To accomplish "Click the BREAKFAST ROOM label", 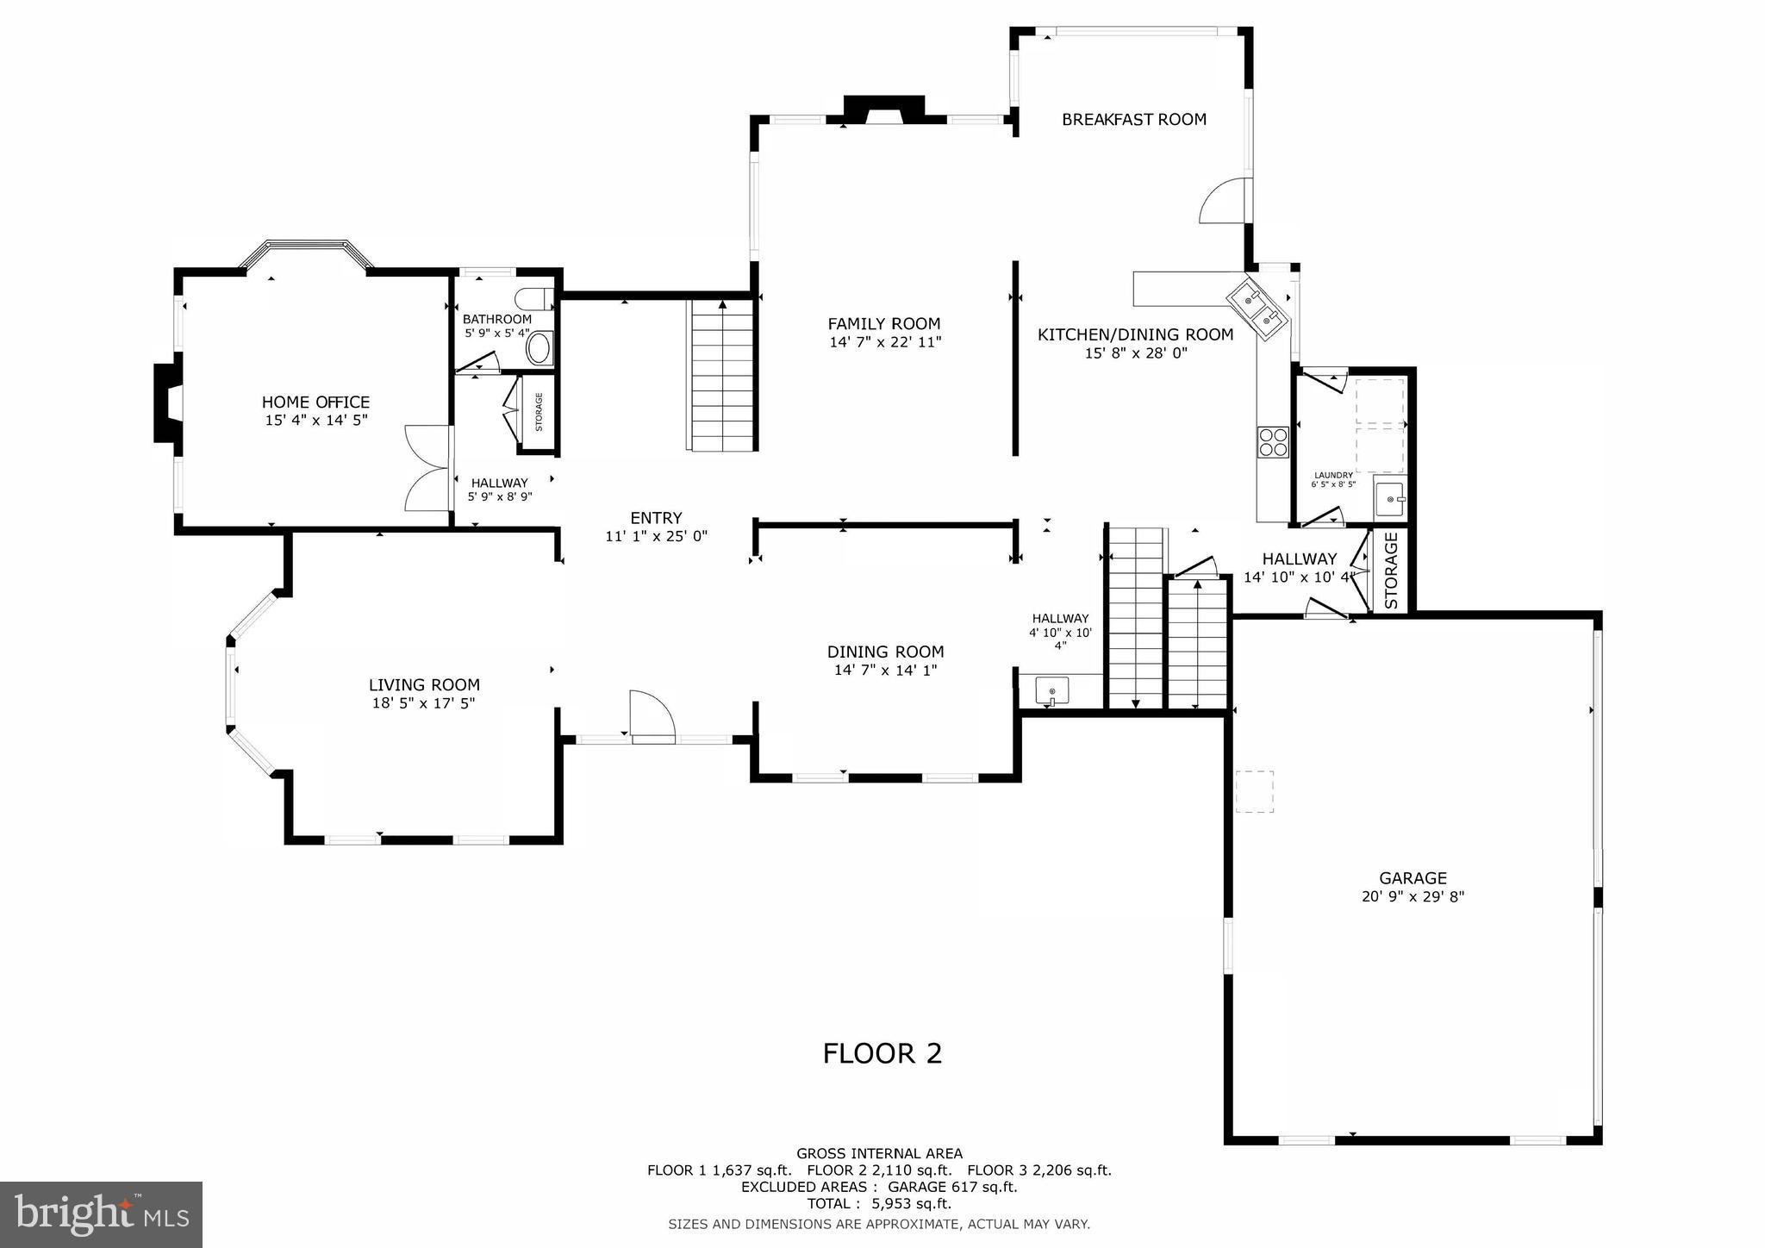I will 1133,120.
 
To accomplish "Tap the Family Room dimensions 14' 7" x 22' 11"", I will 884,342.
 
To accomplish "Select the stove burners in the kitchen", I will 1273,441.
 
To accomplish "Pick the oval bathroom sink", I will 539,349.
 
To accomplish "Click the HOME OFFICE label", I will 315,402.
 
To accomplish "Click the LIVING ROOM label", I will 424,685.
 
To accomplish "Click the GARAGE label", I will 1413,878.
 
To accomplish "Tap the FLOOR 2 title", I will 882,1053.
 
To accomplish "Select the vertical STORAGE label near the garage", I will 1391,571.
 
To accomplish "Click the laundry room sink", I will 1389,499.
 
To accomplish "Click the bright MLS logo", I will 102,1214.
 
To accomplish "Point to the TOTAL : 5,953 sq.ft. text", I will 879,1204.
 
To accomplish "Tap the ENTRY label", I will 656,518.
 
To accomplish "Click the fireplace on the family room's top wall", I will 883,110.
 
